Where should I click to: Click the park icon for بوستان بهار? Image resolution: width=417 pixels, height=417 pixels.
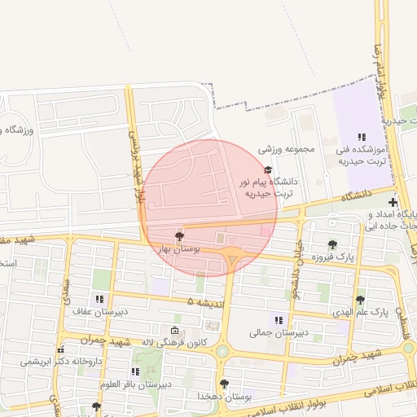click(180, 235)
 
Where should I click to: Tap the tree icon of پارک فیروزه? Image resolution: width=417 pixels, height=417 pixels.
click(332, 244)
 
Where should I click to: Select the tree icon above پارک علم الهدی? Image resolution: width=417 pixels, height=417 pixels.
click(360, 300)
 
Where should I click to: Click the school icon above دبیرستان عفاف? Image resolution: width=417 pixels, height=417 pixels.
click(99, 299)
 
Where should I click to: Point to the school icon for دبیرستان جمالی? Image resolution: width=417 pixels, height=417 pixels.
click(279, 320)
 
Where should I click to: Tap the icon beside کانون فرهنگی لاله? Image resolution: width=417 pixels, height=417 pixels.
click(175, 331)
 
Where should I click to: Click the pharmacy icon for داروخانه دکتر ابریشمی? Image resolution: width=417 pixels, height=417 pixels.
click(60, 349)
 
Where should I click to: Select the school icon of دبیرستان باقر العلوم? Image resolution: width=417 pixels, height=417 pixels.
click(135, 371)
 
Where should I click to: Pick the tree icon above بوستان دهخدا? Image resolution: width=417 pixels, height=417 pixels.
click(224, 383)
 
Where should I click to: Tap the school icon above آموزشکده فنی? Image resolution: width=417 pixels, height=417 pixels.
click(362, 137)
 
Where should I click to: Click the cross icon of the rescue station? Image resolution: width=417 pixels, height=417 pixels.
click(393, 202)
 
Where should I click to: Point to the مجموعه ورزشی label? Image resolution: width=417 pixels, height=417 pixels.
click(287, 150)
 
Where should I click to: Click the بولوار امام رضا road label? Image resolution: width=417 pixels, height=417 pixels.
click(380, 73)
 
